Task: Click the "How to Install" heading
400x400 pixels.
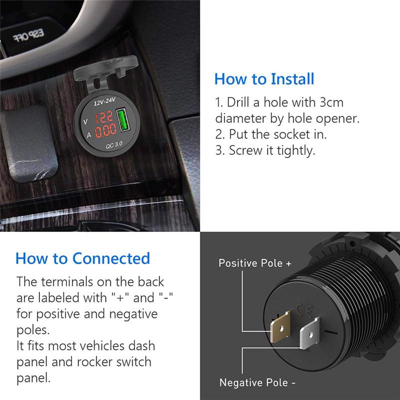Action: tap(264, 79)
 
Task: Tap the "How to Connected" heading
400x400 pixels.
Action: tap(82, 258)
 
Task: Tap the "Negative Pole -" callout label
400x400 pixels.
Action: tap(257, 382)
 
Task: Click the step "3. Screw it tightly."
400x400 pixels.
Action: tap(265, 150)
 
